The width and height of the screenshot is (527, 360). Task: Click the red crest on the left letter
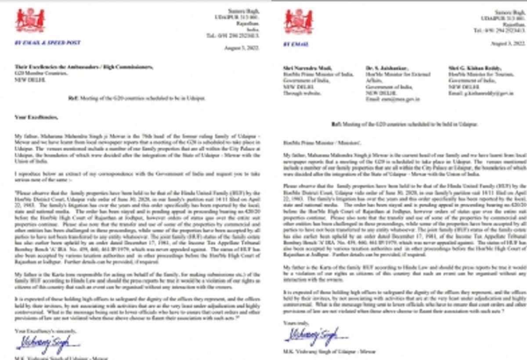[30, 20]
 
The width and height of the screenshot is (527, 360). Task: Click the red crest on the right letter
[299, 20]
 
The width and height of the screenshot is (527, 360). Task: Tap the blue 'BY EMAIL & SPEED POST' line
[48, 43]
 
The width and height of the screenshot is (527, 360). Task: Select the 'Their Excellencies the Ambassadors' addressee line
[84, 67]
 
